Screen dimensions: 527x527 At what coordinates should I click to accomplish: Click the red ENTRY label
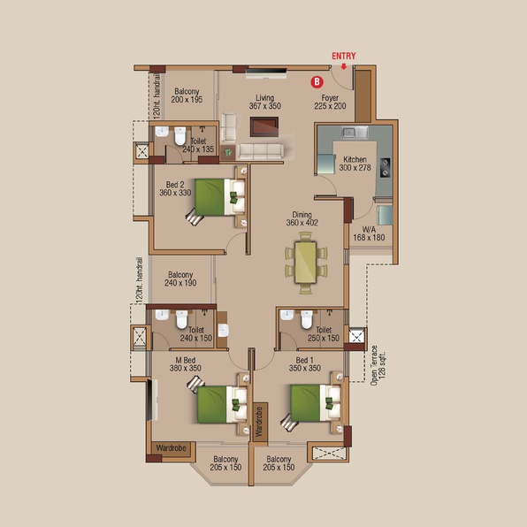[x=343, y=56]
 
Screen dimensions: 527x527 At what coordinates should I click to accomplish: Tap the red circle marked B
[x=317, y=81]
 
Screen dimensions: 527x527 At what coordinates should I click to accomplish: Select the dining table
[x=306, y=263]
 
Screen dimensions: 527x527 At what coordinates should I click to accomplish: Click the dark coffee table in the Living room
[x=264, y=126]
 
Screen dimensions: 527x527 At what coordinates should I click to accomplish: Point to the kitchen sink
[x=355, y=132]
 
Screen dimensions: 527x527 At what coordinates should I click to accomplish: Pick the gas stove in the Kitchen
[x=386, y=167]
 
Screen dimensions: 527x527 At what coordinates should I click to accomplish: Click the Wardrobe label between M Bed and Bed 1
[x=259, y=422]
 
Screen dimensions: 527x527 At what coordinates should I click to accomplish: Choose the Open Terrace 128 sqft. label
[x=378, y=365]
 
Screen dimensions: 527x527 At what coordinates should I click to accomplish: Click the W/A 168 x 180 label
[x=369, y=233]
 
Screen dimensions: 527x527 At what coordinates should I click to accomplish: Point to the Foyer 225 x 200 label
[x=330, y=102]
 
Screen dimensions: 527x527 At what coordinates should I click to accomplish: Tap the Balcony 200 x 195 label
[x=187, y=95]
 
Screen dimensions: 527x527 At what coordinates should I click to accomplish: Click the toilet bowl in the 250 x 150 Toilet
[x=307, y=319]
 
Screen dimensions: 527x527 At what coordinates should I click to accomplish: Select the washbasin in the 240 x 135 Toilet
[x=162, y=131]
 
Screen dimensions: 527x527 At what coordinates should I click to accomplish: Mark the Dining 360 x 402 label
[x=302, y=218]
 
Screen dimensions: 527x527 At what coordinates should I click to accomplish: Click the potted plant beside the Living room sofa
[x=228, y=152]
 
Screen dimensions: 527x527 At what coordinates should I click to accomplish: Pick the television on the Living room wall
[x=266, y=71]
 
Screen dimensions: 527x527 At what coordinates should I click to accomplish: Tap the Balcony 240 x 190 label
[x=180, y=279]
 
